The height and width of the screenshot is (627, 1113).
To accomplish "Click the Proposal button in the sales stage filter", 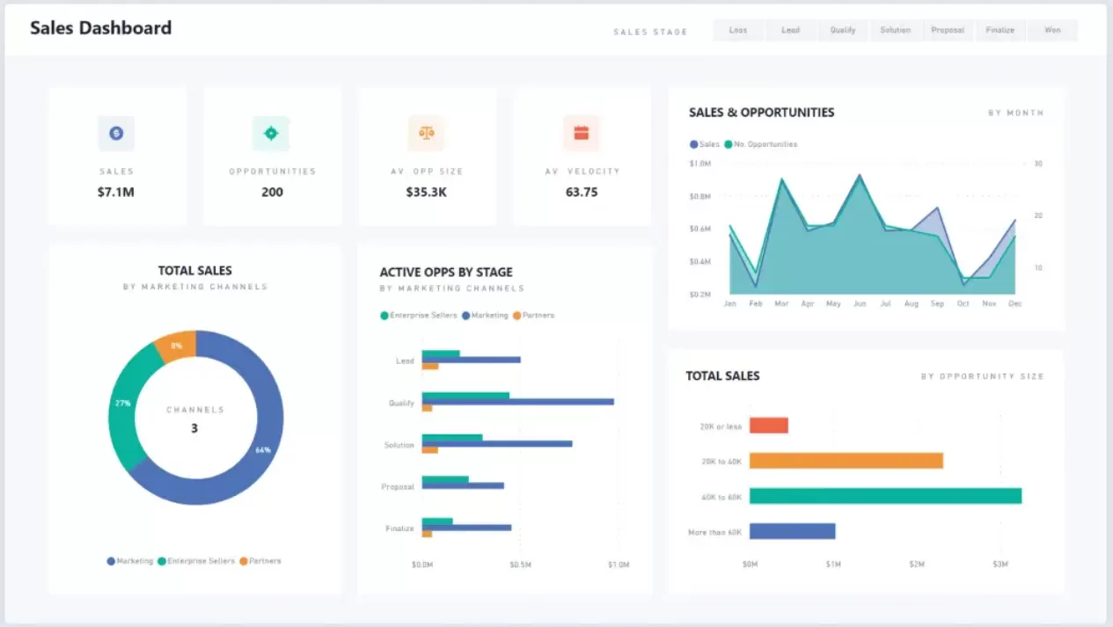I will (x=948, y=30).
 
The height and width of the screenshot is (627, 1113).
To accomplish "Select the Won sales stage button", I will (x=1052, y=30).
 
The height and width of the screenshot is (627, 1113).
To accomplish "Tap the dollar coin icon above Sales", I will (x=116, y=134).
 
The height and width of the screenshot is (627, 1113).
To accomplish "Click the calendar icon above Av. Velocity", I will (x=581, y=134).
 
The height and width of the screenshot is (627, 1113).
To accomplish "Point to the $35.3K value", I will (x=427, y=192).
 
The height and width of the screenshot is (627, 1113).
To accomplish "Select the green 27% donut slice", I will (x=126, y=405).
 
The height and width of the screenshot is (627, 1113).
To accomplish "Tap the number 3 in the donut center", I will (x=194, y=428).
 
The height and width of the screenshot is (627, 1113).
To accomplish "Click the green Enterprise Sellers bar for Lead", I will (x=441, y=354).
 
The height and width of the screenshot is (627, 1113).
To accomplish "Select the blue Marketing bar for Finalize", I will (x=466, y=528).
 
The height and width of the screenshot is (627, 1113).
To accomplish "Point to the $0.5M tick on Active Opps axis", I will (x=520, y=565).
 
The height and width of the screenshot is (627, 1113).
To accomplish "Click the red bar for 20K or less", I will (x=768, y=426).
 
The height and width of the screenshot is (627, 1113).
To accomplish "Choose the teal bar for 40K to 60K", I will (x=885, y=496).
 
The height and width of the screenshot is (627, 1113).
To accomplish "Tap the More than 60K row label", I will (x=714, y=532).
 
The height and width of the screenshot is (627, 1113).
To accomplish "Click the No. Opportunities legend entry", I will (x=761, y=144).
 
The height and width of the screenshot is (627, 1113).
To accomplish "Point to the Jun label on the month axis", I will (x=860, y=303).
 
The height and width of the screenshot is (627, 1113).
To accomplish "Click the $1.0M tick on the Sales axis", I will (x=700, y=164).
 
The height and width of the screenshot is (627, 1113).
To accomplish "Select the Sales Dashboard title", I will (x=100, y=28).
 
